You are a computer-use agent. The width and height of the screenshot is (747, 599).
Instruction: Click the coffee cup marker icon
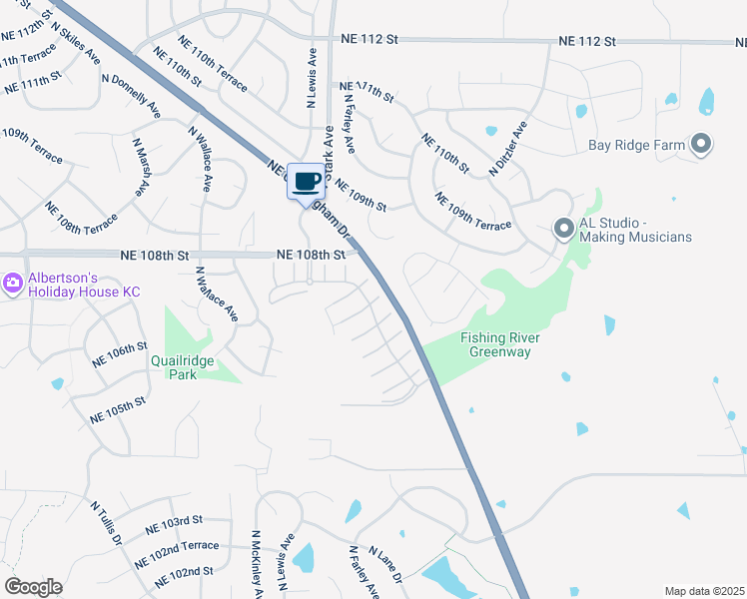click(307, 182)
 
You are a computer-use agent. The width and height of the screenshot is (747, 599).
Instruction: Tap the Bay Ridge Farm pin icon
click(701, 145)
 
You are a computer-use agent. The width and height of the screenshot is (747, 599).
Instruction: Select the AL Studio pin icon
click(563, 230)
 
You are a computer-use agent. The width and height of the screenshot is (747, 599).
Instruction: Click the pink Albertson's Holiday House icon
click(13, 284)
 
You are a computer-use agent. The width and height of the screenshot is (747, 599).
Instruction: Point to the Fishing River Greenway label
click(500, 344)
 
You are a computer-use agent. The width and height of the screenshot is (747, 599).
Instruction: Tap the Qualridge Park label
click(188, 367)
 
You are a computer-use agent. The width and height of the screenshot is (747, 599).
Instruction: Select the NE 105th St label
click(118, 408)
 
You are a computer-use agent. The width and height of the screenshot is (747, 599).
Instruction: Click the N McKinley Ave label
click(257, 564)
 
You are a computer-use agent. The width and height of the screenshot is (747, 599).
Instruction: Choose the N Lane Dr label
click(385, 564)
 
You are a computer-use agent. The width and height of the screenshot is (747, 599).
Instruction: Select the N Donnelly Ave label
click(131, 96)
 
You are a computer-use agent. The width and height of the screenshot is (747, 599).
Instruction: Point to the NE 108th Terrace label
click(81, 218)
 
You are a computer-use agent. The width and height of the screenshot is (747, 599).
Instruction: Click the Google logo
click(33, 587)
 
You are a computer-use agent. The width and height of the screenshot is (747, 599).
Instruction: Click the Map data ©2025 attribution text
click(704, 591)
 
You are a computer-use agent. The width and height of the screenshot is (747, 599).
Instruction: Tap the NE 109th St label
click(361, 195)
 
